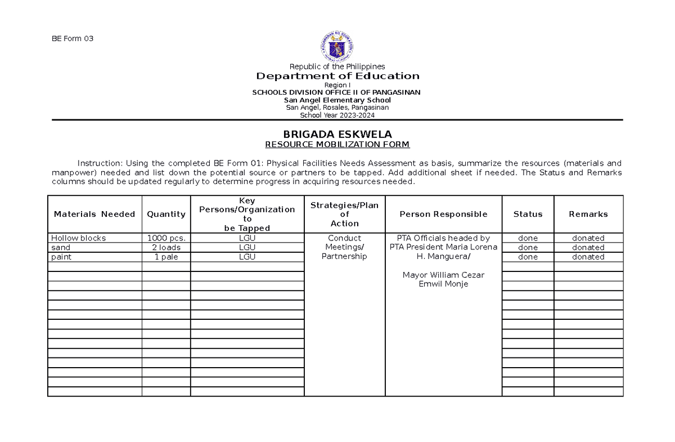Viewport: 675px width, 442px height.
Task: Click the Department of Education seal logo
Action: [x=337, y=47]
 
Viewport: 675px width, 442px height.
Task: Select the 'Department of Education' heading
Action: [x=337, y=76]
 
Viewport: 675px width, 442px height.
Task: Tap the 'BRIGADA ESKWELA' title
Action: [x=337, y=134]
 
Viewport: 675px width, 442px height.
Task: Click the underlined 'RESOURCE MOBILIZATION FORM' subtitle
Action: [x=337, y=145]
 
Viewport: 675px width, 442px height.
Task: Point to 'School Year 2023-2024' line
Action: [x=337, y=115]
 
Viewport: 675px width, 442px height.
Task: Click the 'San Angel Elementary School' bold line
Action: [x=337, y=100]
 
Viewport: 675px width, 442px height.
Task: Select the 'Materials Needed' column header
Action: [x=94, y=214]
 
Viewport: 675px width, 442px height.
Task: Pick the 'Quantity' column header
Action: [x=166, y=214]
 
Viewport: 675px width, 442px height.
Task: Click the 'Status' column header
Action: [x=528, y=214]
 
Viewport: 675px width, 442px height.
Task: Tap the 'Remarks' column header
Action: [x=588, y=214]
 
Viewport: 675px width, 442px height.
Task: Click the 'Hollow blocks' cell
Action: [x=78, y=238]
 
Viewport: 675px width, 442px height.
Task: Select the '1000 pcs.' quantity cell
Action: [x=166, y=238]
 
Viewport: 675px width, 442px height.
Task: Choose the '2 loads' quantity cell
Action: [x=166, y=247]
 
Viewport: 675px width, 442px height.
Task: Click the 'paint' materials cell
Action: [x=61, y=257]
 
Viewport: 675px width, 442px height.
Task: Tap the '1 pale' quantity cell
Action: [x=166, y=257]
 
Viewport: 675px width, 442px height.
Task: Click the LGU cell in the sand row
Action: [x=247, y=247]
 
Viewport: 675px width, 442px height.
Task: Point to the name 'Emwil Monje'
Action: [x=443, y=284]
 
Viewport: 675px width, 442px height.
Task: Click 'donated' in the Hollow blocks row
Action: [x=588, y=238]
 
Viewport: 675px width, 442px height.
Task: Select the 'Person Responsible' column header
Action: [x=443, y=214]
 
